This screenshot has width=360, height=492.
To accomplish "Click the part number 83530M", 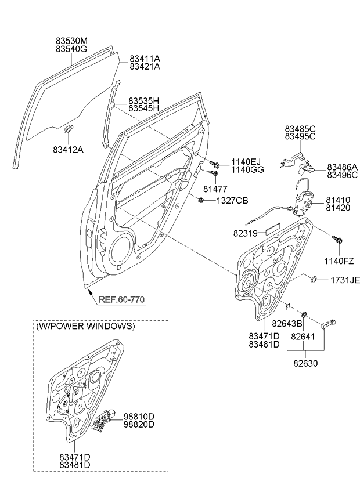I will click(71, 42).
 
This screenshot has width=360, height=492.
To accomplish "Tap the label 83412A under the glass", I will click(68, 150).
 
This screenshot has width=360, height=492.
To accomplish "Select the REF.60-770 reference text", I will click(121, 300).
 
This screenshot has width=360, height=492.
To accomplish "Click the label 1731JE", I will click(345, 280).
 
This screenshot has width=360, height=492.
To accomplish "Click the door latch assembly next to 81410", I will click(304, 203).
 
